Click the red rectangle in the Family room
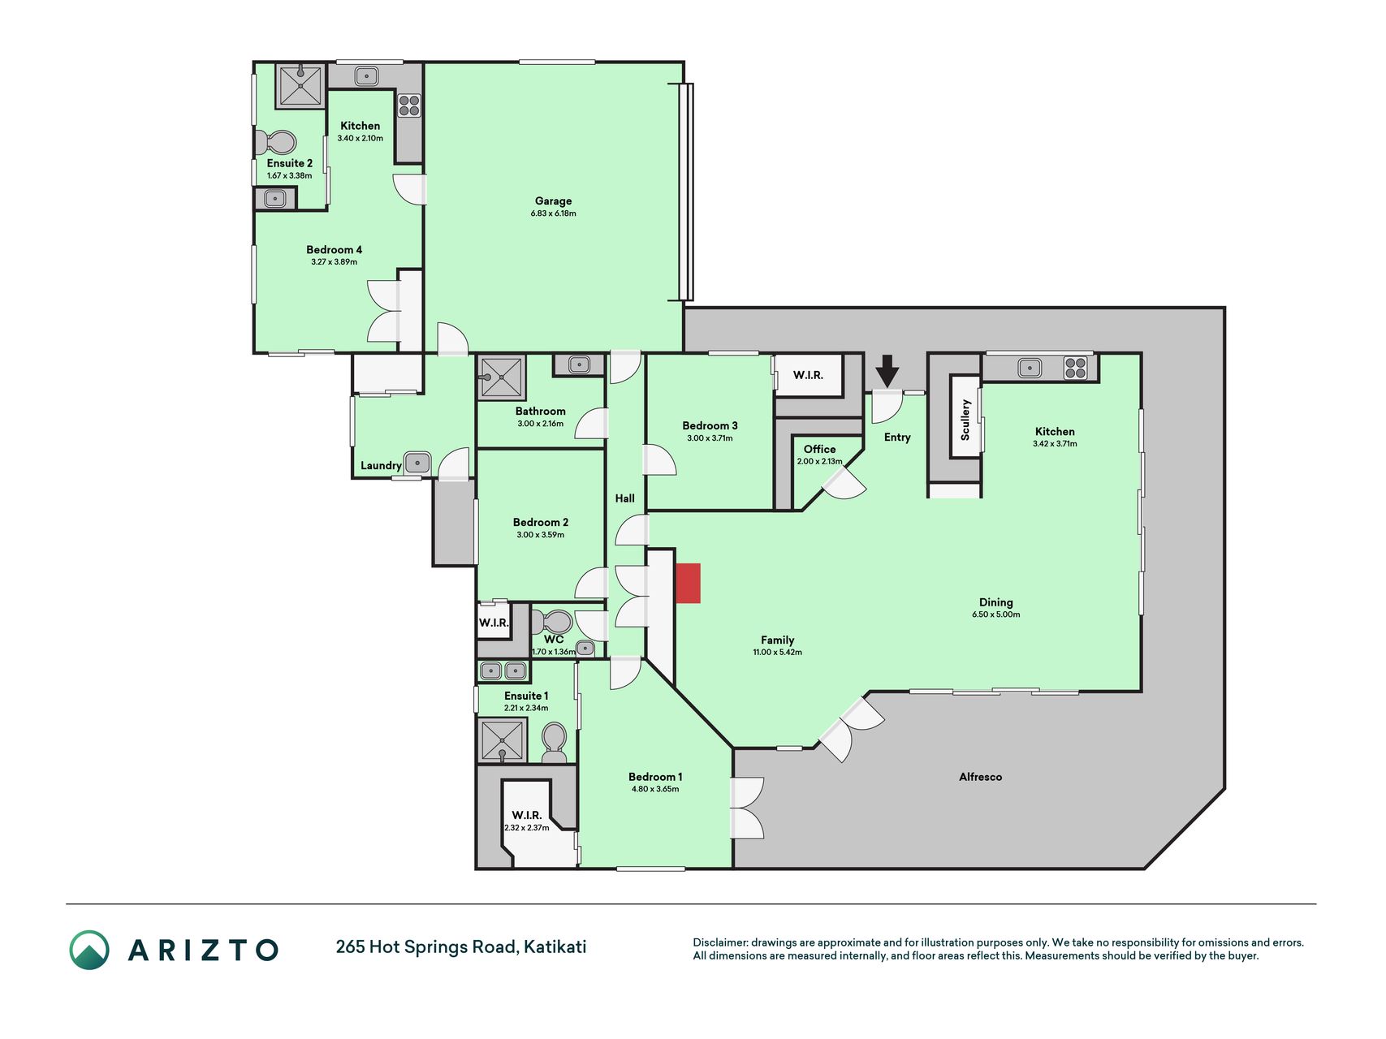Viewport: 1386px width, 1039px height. point(688,584)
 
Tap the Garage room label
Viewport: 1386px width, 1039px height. point(553,200)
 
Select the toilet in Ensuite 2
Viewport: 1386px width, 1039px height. point(276,143)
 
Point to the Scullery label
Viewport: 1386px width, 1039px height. point(965,420)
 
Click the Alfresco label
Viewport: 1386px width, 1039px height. point(980,777)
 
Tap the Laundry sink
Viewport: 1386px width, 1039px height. point(417,463)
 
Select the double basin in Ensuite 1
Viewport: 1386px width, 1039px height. point(503,671)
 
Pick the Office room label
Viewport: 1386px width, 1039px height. point(819,449)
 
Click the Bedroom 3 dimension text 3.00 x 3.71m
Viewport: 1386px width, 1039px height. point(710,438)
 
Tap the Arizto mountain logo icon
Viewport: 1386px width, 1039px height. point(89,950)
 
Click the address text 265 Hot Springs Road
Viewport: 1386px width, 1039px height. point(425,947)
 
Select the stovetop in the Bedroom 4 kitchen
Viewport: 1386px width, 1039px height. point(409,106)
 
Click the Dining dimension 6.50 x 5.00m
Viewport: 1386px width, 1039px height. point(996,614)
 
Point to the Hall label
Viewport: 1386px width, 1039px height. point(625,498)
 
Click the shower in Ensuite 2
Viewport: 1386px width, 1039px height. point(300,86)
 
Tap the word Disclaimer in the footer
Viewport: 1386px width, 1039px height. point(719,942)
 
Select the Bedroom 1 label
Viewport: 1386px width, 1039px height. point(655,777)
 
